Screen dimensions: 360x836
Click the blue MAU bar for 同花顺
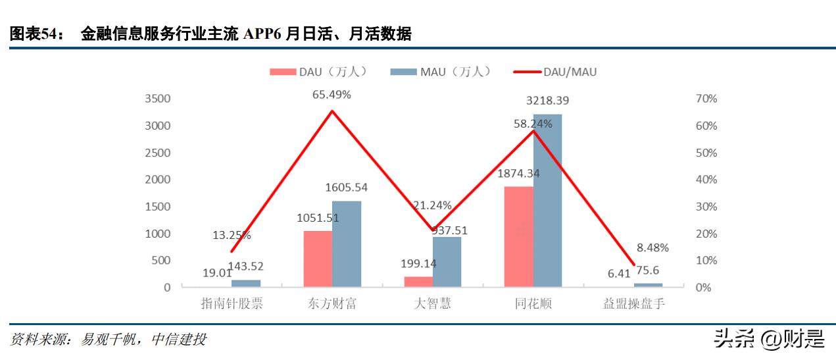click(x=547, y=201)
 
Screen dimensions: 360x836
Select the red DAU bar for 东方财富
click(x=318, y=259)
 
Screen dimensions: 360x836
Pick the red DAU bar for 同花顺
click(x=518, y=237)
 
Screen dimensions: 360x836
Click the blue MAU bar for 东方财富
click(x=346, y=244)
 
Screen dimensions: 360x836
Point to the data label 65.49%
click(x=332, y=95)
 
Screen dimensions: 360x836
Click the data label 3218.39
click(x=547, y=101)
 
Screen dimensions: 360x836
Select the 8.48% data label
click(x=652, y=248)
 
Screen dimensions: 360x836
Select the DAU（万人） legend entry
click(x=318, y=72)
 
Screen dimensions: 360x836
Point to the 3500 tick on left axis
click(x=157, y=99)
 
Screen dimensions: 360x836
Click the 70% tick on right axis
click(x=706, y=99)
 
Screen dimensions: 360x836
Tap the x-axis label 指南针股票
click(x=232, y=304)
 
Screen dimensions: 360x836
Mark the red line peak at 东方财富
click(x=332, y=111)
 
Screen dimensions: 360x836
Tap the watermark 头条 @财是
click(x=769, y=339)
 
